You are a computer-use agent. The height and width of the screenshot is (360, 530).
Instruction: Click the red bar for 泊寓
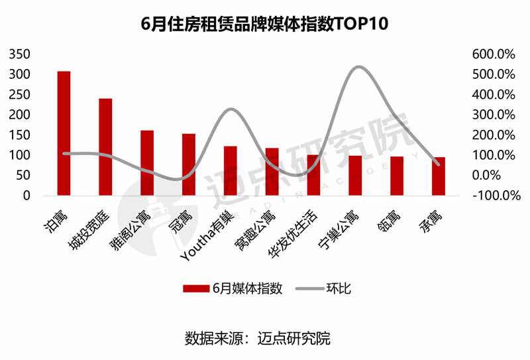point(64,133)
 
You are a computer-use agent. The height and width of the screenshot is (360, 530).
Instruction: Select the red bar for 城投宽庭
point(105,147)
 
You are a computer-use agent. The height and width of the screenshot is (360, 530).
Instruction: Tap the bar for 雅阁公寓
point(147,162)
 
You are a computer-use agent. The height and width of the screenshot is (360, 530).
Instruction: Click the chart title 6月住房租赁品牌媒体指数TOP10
point(264,25)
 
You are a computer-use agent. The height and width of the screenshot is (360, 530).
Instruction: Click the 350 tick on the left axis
point(20,54)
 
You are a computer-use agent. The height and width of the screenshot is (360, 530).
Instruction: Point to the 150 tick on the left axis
point(20,135)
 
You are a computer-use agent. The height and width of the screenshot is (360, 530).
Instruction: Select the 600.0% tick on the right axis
point(493,54)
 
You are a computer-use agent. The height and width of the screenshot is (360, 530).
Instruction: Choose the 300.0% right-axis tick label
point(493,115)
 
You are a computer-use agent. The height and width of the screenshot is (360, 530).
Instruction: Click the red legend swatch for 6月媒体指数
point(195,288)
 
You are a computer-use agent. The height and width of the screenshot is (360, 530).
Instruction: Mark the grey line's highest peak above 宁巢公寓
point(356,67)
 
